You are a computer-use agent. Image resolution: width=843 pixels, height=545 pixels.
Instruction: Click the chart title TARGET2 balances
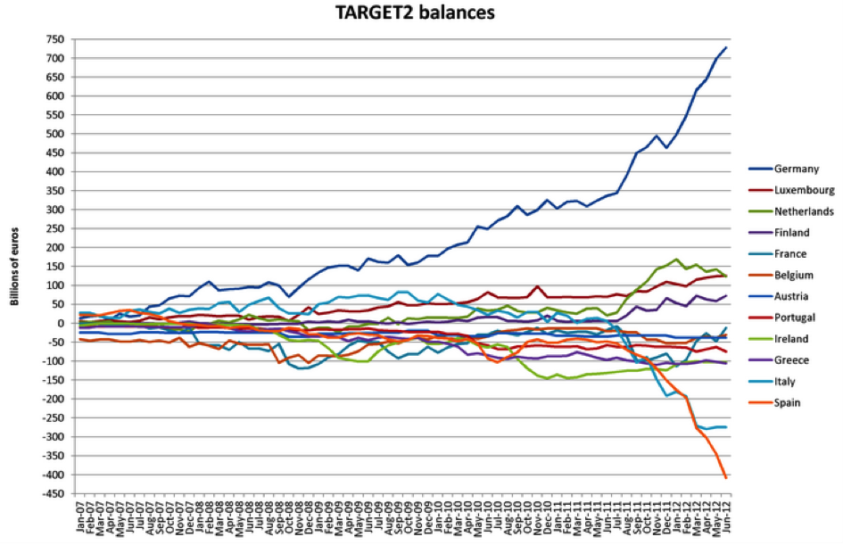[x=422, y=13]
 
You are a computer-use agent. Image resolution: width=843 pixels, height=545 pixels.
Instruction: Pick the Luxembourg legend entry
[x=804, y=190]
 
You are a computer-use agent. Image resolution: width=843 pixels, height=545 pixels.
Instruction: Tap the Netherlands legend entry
[x=804, y=211]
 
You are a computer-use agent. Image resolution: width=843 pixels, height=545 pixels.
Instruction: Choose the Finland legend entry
[x=791, y=233]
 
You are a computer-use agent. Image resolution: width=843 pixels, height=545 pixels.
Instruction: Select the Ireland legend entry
[x=790, y=339]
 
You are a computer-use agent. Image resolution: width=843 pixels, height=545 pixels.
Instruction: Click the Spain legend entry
[x=788, y=402]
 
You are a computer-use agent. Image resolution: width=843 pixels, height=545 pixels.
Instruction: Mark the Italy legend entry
[x=785, y=381]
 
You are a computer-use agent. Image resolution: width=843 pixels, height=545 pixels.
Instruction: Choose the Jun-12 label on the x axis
[x=726, y=519]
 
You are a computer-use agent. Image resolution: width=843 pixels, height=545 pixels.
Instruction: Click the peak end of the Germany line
[x=726, y=47]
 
